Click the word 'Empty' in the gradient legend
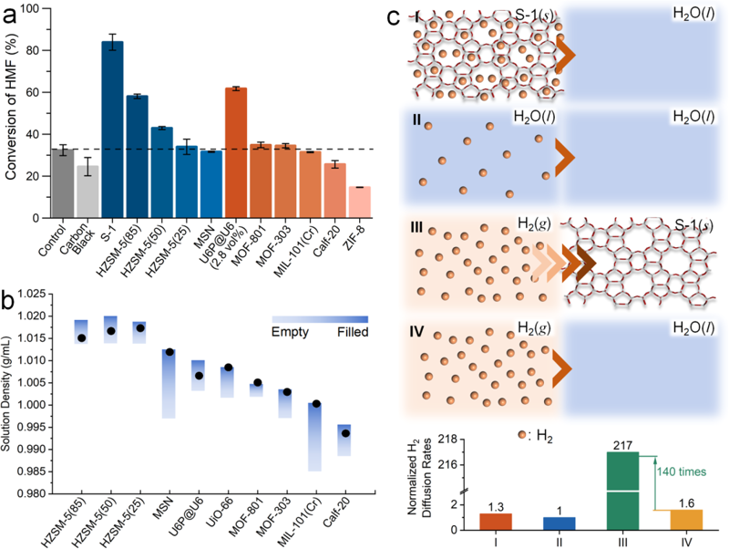(289, 333)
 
